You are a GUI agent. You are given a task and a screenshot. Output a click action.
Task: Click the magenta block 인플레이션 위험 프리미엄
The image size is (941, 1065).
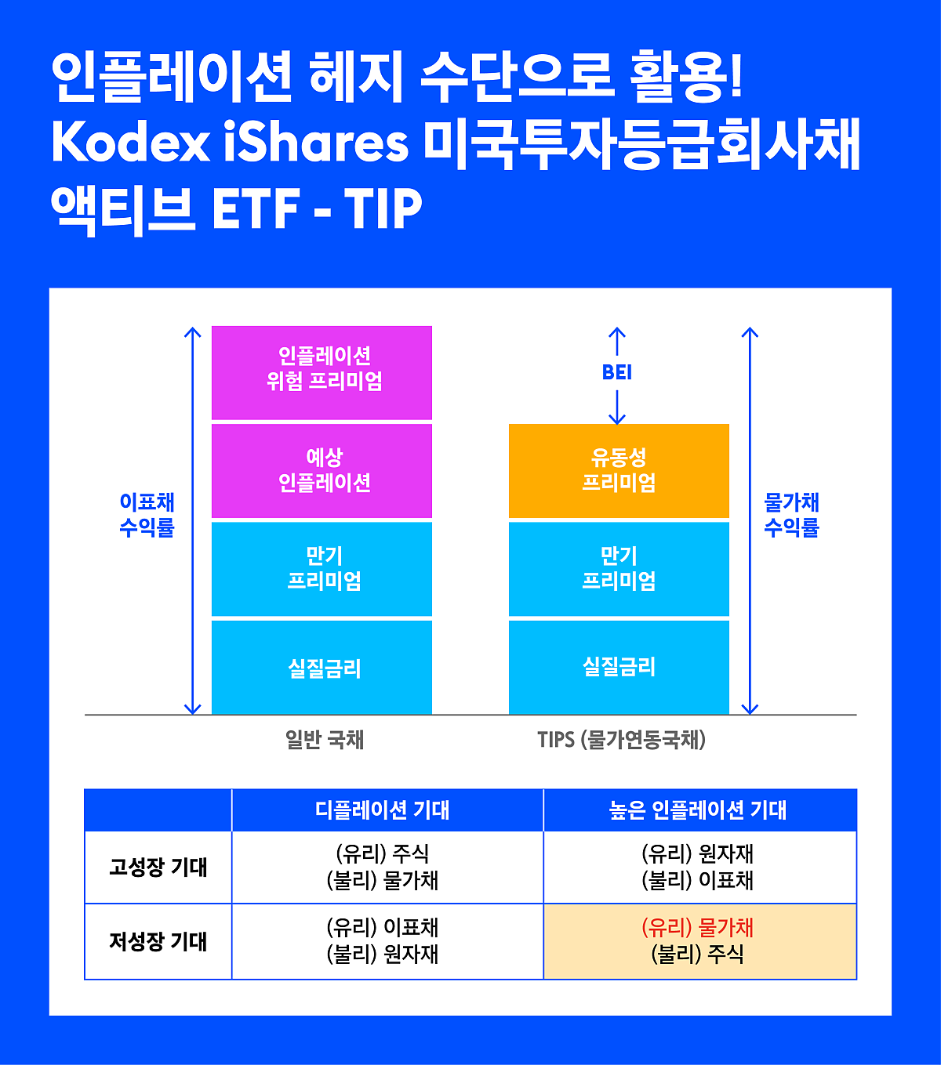322,372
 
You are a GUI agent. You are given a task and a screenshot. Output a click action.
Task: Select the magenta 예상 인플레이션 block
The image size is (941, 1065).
322,470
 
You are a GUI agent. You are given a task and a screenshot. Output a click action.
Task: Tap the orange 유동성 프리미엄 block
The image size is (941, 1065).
619,470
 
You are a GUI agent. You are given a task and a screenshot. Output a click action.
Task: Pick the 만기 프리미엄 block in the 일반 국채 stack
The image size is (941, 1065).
322,568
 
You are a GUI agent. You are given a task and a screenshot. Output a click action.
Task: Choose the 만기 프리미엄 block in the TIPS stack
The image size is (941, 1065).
619,568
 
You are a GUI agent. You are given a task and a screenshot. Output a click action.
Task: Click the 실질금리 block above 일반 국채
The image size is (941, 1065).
322,667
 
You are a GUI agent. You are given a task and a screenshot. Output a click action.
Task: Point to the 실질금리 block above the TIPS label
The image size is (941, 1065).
619,667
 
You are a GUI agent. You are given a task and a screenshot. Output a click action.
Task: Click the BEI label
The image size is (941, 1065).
617,372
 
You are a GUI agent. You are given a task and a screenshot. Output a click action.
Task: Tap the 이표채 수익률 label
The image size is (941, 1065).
147,515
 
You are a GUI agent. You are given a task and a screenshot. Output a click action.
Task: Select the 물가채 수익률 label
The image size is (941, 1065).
792,515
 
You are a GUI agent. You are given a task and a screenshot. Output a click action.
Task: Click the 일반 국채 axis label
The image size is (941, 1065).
325,739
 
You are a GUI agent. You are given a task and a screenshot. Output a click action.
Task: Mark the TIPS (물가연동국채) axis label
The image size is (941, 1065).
621,740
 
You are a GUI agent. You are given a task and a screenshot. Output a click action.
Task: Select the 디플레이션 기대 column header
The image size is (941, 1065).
383,810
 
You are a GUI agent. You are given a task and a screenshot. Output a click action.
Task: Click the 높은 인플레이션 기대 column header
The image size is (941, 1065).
697,810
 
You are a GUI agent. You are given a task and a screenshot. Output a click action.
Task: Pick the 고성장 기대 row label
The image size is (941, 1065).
158,867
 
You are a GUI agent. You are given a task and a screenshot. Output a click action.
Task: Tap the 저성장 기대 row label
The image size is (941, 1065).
158,941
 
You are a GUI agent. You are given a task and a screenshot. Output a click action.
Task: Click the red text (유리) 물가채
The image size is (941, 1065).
697,927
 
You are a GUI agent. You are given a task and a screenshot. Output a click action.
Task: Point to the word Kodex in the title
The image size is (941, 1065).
131,143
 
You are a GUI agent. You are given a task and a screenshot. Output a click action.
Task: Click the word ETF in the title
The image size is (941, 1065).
256,208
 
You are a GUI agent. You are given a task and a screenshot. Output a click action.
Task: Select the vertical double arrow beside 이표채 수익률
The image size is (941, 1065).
193,520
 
